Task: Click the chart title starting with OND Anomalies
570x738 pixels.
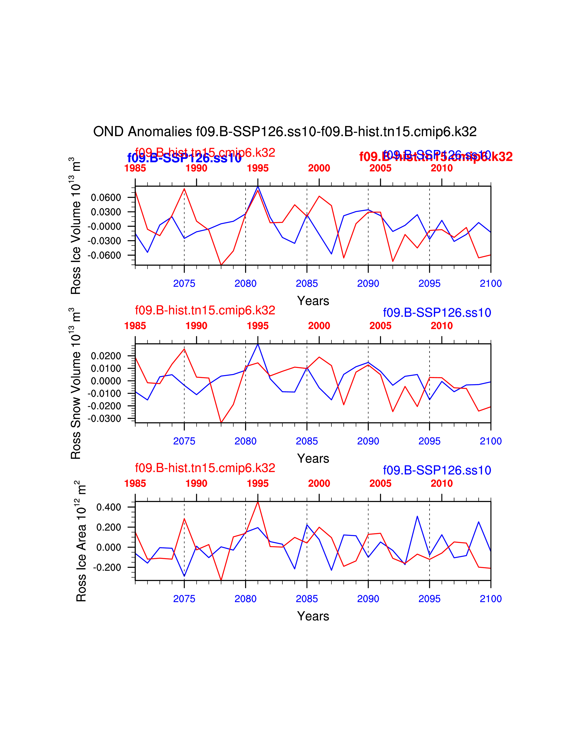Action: pos(285,131)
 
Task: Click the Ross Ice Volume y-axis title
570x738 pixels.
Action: pos(76,225)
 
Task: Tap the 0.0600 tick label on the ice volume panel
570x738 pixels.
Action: pos(106,197)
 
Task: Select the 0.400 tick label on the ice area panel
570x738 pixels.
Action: pos(108,507)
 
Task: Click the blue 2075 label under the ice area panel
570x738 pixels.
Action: pos(184,599)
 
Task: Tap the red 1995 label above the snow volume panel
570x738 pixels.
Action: pos(258,326)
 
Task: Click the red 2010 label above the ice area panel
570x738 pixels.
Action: pos(442,484)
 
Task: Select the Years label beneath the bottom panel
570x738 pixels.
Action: pos(313,616)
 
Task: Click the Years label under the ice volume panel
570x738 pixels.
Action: pos(313,301)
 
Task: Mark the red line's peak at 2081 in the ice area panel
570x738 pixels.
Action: pos(258,502)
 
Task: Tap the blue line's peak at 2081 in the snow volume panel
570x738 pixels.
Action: pos(258,344)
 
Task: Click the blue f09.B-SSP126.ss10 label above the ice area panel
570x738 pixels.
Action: pos(437,470)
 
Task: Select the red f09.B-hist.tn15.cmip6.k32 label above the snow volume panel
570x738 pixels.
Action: pos(205,310)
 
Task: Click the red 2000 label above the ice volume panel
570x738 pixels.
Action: pos(319,168)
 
